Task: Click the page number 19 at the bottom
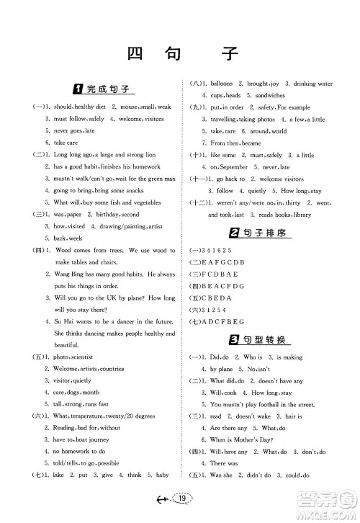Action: click(183, 498)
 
